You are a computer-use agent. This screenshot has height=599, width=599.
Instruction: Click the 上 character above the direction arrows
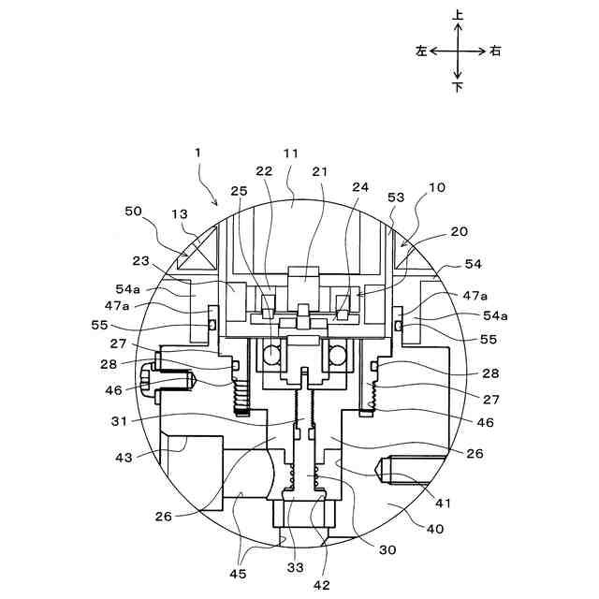(458, 16)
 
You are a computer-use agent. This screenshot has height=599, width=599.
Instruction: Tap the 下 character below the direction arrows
(458, 87)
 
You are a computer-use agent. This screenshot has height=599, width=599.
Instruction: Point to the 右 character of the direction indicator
(495, 51)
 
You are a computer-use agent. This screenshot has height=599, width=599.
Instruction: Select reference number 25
(240, 192)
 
